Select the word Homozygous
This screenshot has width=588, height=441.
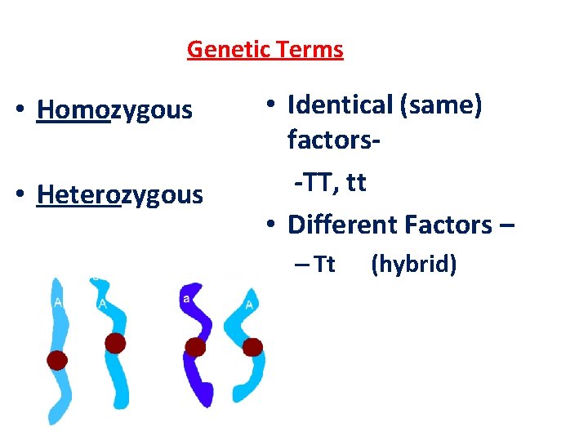pos(114,109)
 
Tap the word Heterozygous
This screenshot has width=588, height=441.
pos(119,195)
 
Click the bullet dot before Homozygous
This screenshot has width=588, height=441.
pos(26,109)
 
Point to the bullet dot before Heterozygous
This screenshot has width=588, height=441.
pos(26,195)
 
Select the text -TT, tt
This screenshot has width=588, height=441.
pos(331,183)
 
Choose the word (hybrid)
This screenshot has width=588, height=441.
pos(413,265)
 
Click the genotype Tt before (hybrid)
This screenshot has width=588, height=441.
pos(325,265)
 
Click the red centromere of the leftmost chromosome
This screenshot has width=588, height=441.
pos(56,360)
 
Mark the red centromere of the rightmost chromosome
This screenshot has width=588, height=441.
pos(252,348)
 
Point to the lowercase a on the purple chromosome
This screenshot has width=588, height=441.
pos(186,300)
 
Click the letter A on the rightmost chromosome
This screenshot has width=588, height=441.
pos(248,305)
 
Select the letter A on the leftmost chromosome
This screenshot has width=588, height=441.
pos(57,302)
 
